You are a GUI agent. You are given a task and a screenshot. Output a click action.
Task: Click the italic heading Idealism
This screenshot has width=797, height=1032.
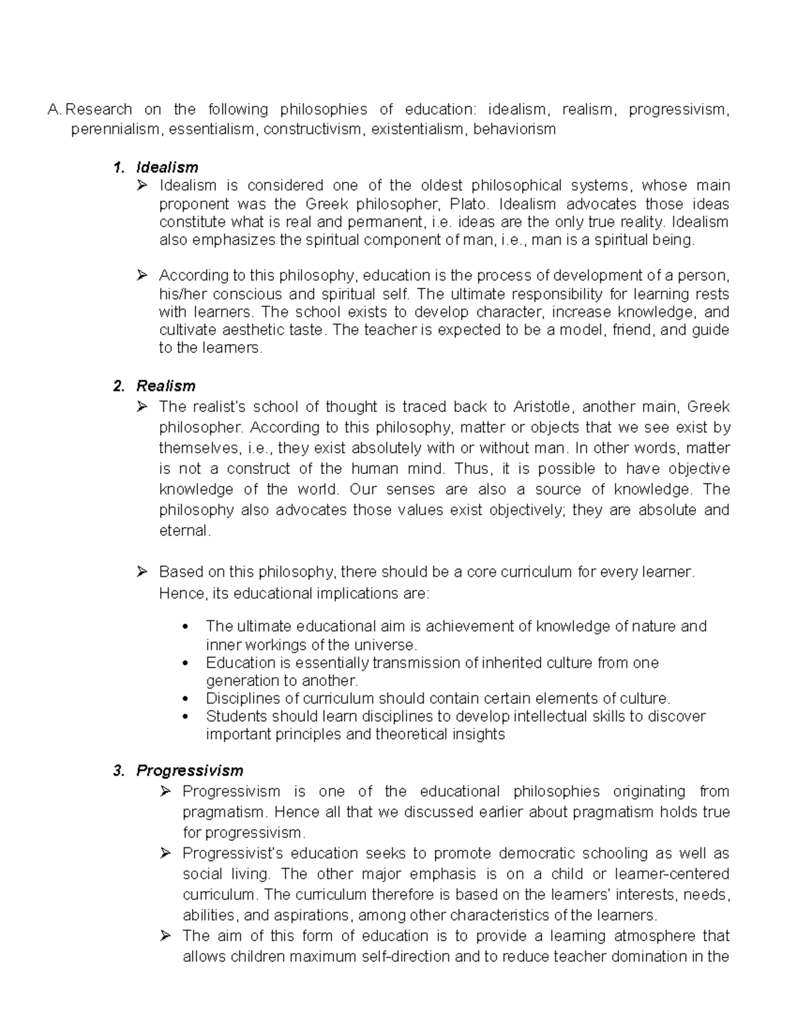tap(167, 167)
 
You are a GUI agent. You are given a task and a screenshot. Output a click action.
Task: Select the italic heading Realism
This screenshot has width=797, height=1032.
tap(165, 386)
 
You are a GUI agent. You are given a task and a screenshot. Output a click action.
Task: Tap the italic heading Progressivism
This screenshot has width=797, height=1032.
tap(189, 771)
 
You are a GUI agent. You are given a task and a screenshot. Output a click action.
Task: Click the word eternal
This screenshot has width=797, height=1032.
tap(185, 531)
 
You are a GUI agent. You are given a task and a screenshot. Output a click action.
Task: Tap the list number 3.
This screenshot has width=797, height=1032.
tap(118, 771)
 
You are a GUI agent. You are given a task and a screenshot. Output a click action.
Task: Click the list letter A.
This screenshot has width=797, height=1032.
tap(54, 110)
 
